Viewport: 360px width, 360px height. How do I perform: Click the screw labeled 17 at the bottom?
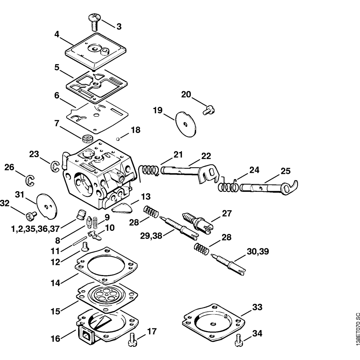point(132,340)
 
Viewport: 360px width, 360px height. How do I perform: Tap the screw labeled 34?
point(238,341)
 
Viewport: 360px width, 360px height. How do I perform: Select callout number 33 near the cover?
point(257,307)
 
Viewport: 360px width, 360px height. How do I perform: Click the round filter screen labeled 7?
point(87,138)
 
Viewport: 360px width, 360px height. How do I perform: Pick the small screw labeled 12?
point(85,247)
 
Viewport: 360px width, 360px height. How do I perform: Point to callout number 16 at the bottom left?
point(56,339)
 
